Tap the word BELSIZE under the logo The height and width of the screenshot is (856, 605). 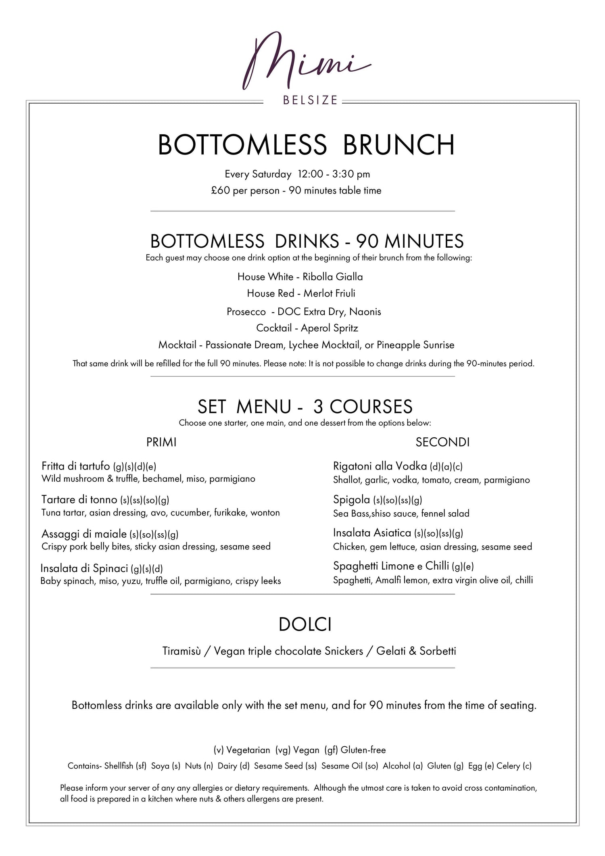click(310, 100)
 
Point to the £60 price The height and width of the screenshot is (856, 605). click(220, 190)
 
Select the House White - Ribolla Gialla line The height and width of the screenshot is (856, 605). click(300, 277)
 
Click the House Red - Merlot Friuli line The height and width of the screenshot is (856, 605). click(301, 293)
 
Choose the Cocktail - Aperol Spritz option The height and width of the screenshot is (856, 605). click(307, 328)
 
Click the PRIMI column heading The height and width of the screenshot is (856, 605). click(161, 442)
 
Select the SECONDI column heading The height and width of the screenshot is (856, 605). click(442, 442)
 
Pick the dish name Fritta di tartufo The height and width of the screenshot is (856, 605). click(76, 466)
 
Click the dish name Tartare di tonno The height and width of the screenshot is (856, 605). click(79, 499)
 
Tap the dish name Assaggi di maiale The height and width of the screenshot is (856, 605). click(84, 534)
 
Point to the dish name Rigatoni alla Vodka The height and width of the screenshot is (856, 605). click(380, 466)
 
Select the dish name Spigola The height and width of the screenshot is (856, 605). click(351, 500)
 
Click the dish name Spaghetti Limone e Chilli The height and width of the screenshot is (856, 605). click(391, 566)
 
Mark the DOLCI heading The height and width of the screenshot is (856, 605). click(305, 625)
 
